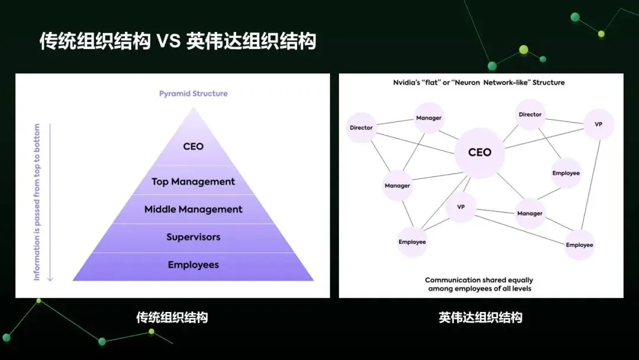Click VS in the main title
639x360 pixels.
coord(167,41)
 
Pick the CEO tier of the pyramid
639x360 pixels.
coord(193,146)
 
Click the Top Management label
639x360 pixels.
coord(193,182)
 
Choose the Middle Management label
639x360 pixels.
coord(193,210)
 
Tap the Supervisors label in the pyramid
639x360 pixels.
coord(193,237)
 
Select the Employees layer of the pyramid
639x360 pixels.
coord(193,265)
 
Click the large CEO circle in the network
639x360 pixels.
coord(479,153)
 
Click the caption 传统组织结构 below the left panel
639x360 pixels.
coord(172,317)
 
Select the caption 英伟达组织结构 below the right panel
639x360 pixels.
coord(480,317)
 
